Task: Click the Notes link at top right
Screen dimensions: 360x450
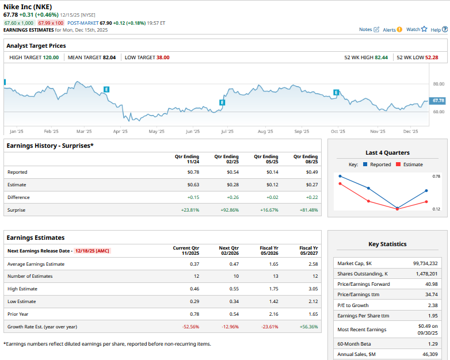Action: point(369,29)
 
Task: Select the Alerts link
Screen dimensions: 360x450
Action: point(392,29)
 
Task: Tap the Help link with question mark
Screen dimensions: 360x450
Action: point(438,29)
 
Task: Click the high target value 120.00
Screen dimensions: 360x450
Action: point(51,58)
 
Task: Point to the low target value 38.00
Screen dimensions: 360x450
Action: point(163,58)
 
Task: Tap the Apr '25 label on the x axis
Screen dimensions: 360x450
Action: point(120,132)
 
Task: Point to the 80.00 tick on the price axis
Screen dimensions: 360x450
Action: point(438,84)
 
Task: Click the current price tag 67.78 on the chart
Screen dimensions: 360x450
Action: point(438,101)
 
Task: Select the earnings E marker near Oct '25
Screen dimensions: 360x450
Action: point(336,93)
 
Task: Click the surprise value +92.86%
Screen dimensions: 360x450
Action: point(230,210)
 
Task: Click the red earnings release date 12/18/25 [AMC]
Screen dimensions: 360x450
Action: point(92,251)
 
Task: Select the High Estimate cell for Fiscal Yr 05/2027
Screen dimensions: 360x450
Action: point(311,289)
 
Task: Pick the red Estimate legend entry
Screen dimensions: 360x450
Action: point(410,164)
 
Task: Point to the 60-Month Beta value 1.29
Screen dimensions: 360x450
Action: point(432,343)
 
